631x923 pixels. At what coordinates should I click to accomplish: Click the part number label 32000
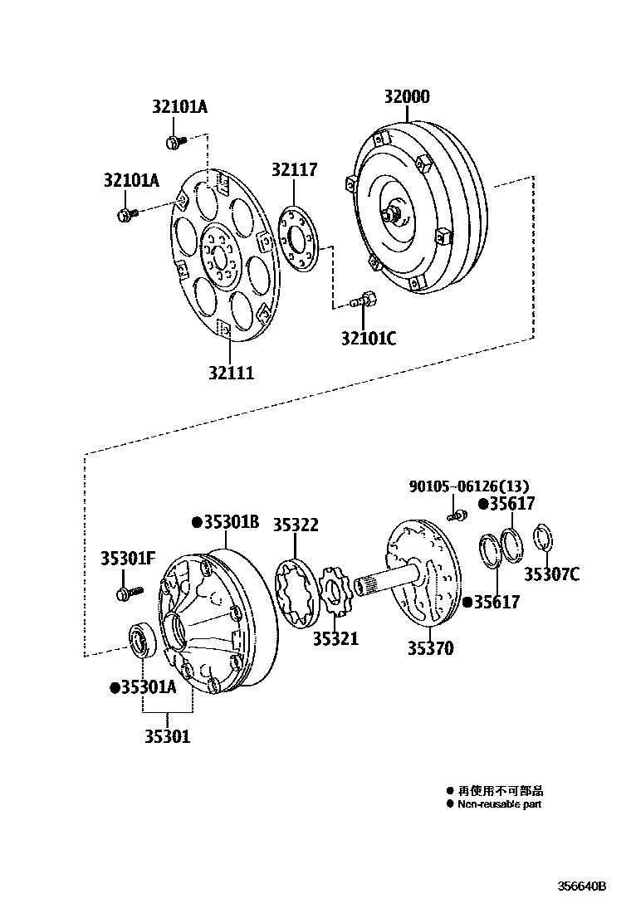[x=406, y=96]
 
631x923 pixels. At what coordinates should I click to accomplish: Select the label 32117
[x=294, y=169]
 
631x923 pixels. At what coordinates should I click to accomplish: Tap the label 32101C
[x=369, y=338]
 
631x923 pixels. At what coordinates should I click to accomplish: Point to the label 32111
[x=231, y=374]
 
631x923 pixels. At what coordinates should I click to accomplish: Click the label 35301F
[x=128, y=558]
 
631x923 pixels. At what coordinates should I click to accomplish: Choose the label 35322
[x=296, y=525]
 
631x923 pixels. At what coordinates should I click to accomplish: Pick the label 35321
[x=335, y=638]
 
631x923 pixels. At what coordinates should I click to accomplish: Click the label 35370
[x=430, y=648]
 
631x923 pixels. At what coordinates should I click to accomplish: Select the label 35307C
[x=551, y=574]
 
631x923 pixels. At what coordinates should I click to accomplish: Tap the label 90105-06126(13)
[x=468, y=486]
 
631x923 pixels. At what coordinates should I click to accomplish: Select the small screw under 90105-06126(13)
[x=455, y=516]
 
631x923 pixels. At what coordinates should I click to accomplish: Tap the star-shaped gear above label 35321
[x=335, y=593]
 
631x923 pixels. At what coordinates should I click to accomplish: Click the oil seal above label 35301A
[x=139, y=640]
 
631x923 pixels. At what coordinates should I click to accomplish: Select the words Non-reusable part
[x=499, y=804]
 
